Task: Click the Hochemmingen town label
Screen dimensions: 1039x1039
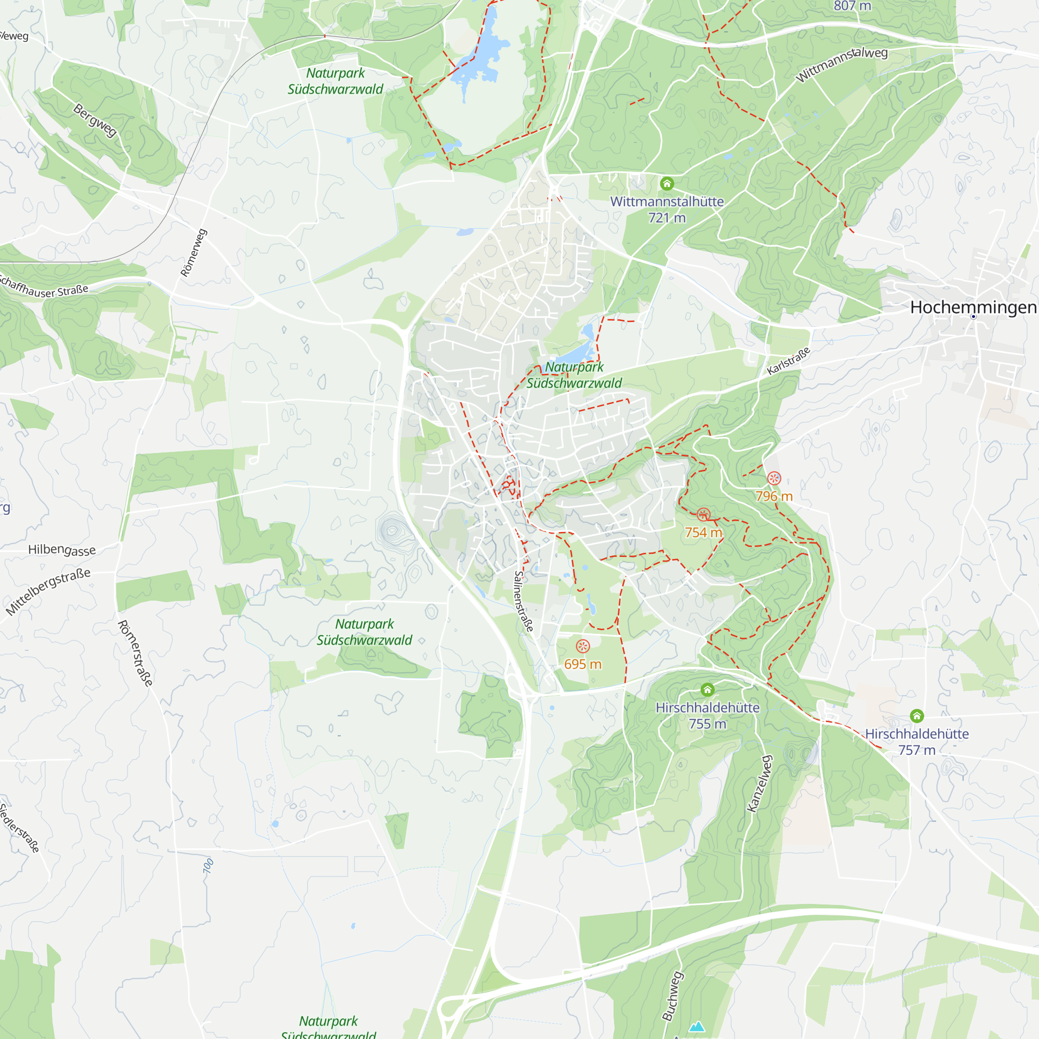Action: [973, 307]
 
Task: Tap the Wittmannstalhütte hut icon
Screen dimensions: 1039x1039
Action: [667, 184]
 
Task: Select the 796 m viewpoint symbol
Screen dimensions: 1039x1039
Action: [774, 477]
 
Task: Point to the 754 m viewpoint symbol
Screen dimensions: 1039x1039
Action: [703, 515]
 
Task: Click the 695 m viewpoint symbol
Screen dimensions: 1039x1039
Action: [583, 646]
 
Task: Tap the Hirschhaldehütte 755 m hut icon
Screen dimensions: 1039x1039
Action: [708, 689]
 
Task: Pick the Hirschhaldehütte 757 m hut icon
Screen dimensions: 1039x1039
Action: [917, 716]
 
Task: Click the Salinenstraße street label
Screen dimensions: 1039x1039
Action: [523, 601]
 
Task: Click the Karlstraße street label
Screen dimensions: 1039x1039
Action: [789, 362]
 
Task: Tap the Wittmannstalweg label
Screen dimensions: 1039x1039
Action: [842, 64]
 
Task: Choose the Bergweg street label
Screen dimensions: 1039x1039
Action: [95, 121]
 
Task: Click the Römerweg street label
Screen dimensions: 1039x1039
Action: [194, 253]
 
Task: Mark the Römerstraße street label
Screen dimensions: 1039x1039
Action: [135, 653]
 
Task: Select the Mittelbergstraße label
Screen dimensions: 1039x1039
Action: [48, 591]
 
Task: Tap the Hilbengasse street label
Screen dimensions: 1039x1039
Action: [62, 549]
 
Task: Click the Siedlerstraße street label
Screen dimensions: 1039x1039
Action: [20, 828]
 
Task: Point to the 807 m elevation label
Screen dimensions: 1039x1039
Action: [852, 6]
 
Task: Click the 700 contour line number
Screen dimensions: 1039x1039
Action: [208, 866]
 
